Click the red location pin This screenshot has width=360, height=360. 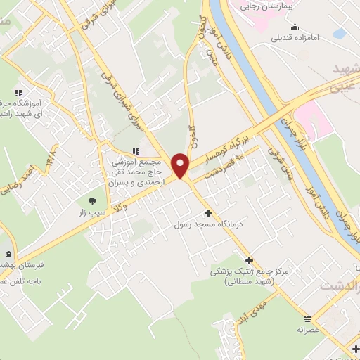[181, 165]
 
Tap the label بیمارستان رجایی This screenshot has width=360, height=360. [285, 5]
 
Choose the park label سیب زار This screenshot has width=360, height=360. [94, 212]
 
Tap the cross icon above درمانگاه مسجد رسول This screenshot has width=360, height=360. [207, 213]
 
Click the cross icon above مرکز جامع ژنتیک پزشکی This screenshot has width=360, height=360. [249, 259]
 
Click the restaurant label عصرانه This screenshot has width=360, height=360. [307, 328]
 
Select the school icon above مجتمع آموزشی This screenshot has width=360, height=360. [136, 150]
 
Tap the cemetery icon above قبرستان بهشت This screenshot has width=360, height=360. [8, 254]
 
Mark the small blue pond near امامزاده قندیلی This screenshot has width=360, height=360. [340, 32]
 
